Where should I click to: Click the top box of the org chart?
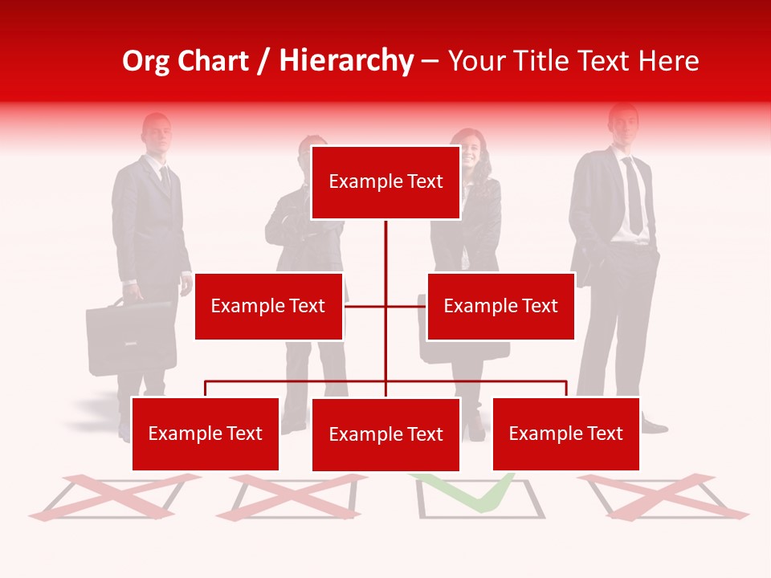tap(385, 182)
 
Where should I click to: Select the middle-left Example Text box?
tap(268, 306)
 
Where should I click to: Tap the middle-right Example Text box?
tap(500, 306)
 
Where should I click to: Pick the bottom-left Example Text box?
tap(205, 433)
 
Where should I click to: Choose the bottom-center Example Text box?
tap(385, 434)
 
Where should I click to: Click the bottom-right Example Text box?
tap(565, 433)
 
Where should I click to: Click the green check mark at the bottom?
tap(474, 491)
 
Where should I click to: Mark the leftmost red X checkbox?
tap(112, 496)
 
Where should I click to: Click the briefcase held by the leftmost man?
tap(131, 337)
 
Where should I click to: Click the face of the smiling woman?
tap(471, 152)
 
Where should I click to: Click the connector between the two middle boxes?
tap(385, 306)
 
